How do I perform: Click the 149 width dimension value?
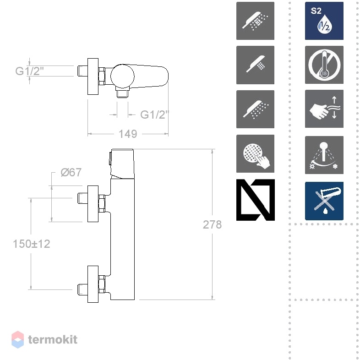tap(128, 134)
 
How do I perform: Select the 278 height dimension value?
tap(212, 224)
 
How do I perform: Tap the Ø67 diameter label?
tap(71, 172)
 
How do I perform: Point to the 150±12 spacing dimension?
tap(32, 244)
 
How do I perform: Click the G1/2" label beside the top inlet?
tap(29, 71)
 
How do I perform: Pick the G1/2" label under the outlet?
tap(154, 115)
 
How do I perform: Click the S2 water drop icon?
tap(324, 21)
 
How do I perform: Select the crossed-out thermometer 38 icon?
tap(324, 65)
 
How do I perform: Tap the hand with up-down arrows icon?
tap(324, 109)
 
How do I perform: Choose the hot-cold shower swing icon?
tap(324, 155)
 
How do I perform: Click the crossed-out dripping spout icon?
tap(324, 201)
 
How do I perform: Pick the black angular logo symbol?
tap(255, 200)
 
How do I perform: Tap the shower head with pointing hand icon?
tap(255, 153)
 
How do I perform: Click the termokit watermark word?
tap(53, 339)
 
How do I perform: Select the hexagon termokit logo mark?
tap(18, 339)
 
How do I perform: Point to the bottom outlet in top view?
tap(123, 93)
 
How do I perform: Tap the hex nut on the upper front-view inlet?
tap(102, 204)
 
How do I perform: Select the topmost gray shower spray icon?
tap(255, 21)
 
